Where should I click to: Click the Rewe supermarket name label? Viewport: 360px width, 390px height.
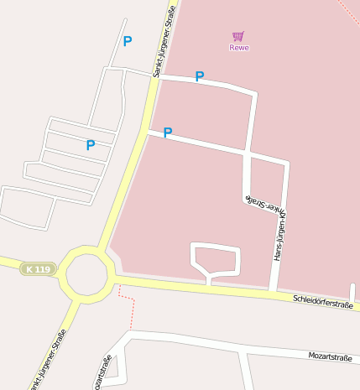click(x=239, y=48)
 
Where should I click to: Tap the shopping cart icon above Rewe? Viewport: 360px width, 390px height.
click(x=238, y=36)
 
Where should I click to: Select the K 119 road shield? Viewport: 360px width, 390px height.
click(x=38, y=269)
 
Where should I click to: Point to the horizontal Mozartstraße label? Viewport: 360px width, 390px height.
click(x=330, y=357)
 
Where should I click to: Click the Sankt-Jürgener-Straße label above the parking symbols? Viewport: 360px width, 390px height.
click(x=164, y=40)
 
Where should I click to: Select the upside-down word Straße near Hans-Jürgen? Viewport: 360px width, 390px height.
click(x=253, y=200)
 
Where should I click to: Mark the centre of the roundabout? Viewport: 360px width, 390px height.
click(x=89, y=274)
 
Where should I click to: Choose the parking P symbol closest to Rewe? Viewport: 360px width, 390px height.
click(x=200, y=77)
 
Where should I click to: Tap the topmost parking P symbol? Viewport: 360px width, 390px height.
click(x=128, y=41)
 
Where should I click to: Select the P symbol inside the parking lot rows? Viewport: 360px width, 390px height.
click(x=91, y=145)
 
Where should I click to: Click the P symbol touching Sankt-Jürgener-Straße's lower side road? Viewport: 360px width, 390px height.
click(x=168, y=133)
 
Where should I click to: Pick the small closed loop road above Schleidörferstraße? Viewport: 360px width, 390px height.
click(x=216, y=258)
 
